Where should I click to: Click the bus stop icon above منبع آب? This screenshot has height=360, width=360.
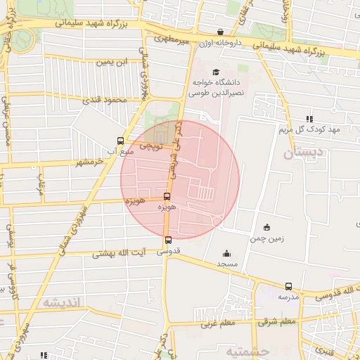pos(120,141)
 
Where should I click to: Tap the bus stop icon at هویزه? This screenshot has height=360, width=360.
pos(167,197)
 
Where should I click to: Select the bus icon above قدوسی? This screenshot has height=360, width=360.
pos(167,240)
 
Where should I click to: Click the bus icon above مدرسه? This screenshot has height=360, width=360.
pos(288,286)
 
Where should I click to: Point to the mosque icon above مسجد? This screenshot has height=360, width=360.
pos(226,254)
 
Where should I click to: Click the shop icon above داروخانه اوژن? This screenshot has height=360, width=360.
pos(221,32)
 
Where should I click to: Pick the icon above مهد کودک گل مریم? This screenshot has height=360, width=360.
pos(309,120)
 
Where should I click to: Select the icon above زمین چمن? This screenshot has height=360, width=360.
pos(266,227)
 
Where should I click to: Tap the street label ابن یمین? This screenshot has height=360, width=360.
pos(114,63)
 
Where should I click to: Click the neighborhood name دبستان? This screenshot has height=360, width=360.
pos(304,151)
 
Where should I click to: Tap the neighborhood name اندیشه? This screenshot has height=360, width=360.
pos(63,302)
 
